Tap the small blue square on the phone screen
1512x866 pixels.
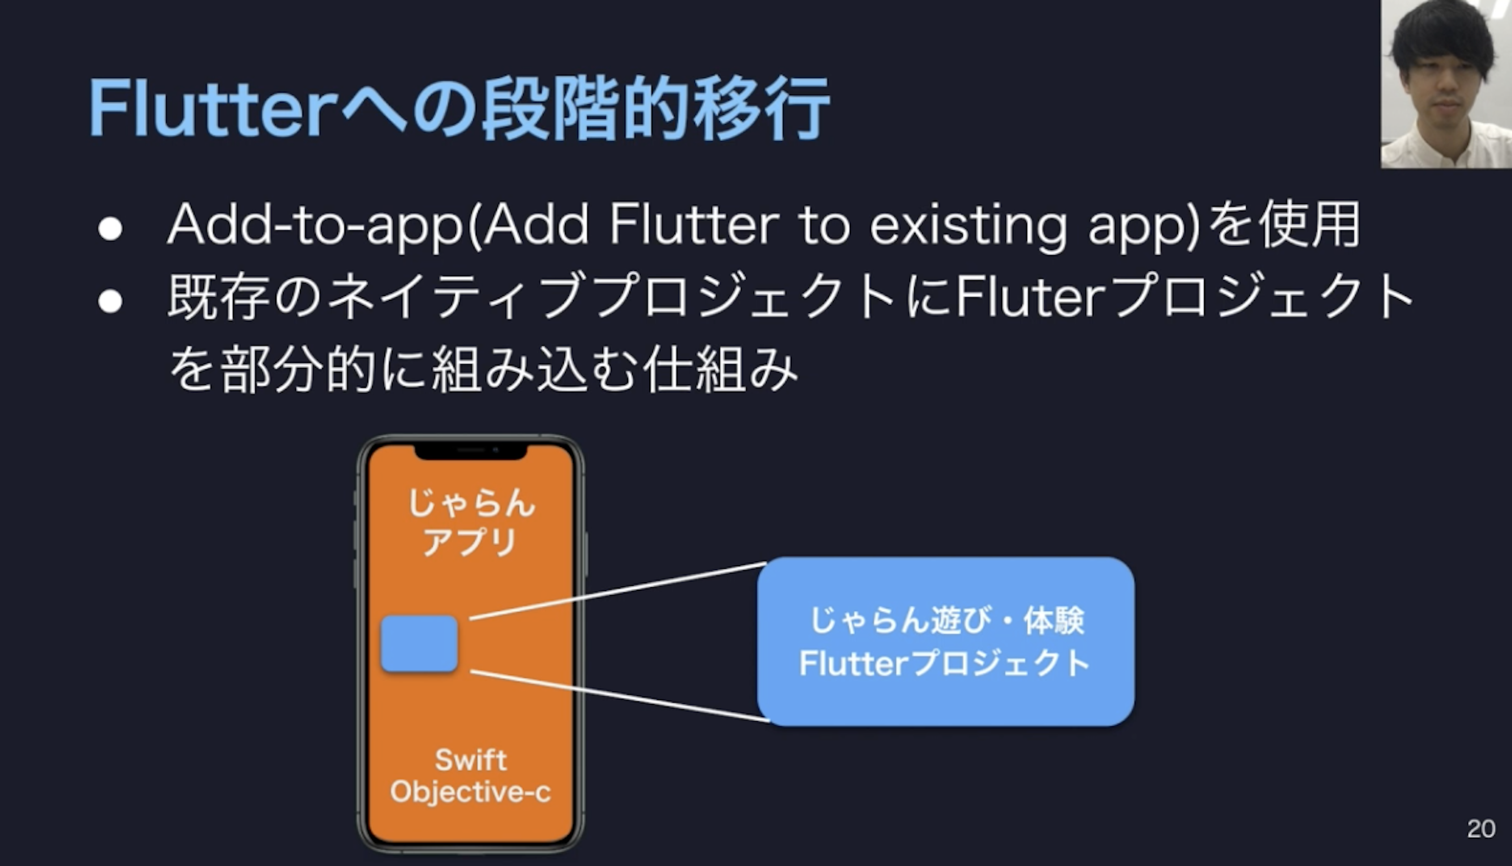419,644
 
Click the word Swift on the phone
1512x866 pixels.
471,760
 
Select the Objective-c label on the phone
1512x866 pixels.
471,792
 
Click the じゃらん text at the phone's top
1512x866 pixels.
471,503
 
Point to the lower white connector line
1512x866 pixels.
620,696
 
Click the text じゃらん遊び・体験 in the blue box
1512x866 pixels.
947,620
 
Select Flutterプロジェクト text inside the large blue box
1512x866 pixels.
945,663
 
